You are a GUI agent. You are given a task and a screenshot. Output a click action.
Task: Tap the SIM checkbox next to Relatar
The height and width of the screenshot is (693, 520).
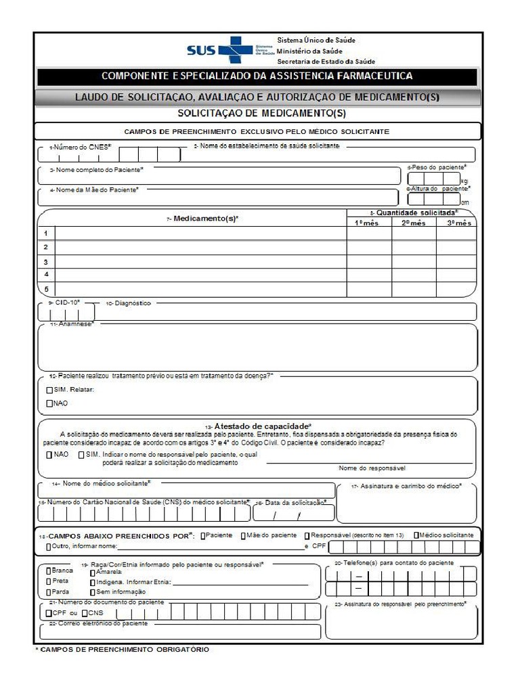(49, 390)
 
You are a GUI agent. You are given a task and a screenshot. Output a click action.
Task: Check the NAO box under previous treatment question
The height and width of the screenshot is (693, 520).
(49, 403)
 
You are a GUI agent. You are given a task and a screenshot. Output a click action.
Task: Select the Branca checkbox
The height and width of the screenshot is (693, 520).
(48, 571)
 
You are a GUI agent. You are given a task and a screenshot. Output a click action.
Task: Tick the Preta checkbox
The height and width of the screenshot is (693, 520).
(48, 581)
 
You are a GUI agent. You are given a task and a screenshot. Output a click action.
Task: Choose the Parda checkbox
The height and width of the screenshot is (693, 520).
(48, 591)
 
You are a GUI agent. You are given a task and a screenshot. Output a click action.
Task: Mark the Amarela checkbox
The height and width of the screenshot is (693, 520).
(93, 572)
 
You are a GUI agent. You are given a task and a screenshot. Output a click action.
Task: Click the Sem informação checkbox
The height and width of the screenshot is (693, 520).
(93, 591)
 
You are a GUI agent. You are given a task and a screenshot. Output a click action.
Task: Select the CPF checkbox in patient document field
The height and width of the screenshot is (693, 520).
(48, 613)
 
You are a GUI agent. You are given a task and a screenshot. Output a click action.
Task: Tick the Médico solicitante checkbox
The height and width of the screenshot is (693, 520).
(416, 535)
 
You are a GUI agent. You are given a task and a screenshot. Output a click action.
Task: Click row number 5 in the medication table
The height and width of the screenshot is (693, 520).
(46, 289)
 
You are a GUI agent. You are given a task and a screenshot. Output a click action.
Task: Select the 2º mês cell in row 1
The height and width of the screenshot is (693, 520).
(414, 233)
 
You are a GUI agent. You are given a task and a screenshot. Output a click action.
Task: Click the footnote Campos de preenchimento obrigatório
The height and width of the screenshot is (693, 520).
(122, 650)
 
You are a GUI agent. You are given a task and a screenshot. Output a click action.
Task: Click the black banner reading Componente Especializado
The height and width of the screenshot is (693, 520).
(257, 76)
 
